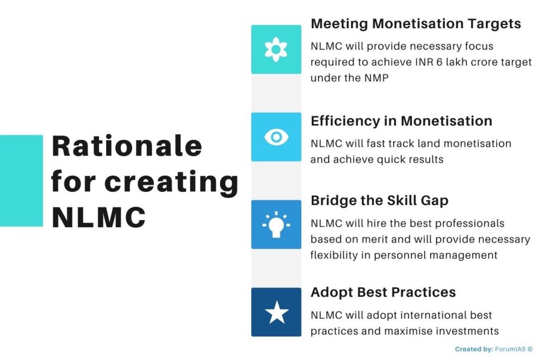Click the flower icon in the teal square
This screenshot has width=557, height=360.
coord(276,49)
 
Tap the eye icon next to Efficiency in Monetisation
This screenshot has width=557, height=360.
coord(276,137)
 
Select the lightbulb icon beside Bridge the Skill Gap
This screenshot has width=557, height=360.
coord(276,224)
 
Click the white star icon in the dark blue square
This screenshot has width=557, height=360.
coord(276,312)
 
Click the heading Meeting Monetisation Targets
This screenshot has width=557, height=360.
coord(416,24)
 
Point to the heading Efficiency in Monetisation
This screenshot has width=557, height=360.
coord(401,121)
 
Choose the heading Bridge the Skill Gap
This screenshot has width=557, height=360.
coord(379,200)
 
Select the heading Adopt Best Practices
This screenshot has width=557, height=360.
coord(383,292)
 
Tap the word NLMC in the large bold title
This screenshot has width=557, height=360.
coord(98,218)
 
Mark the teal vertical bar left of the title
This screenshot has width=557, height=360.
coord(21,181)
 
